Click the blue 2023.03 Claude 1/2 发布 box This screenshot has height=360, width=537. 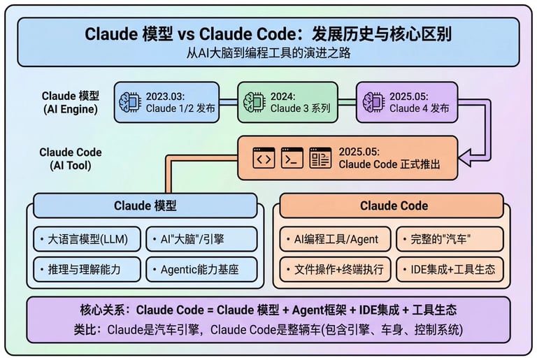(x=166, y=102)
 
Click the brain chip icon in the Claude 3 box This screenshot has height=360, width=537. (x=255, y=102)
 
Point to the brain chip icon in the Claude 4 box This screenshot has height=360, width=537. (x=373, y=102)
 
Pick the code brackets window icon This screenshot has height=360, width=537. (x=264, y=159)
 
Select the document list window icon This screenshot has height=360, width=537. (x=320, y=159)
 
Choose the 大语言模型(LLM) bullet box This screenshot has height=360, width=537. (x=87, y=239)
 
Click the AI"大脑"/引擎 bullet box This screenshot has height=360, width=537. (x=201, y=239)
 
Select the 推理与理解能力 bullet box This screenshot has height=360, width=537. (x=87, y=269)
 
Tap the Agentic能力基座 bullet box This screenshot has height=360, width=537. (x=201, y=269)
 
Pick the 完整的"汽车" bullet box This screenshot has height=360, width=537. (x=450, y=239)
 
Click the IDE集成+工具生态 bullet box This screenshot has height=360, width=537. (x=450, y=269)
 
